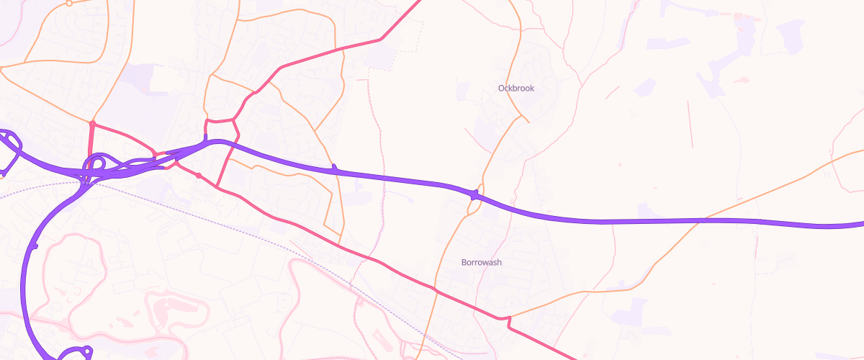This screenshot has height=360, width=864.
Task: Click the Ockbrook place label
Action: pyautogui.click(x=516, y=88)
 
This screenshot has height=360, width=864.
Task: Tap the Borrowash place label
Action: pyautogui.click(x=482, y=262)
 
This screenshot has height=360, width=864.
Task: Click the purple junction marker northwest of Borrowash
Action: pyautogui.click(x=474, y=194)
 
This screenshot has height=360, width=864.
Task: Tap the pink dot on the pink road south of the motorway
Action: pyautogui.click(x=199, y=176)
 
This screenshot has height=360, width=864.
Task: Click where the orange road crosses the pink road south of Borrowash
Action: pyautogui.click(x=434, y=289)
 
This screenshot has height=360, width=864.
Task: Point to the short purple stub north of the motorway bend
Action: pyautogui.click(x=206, y=138)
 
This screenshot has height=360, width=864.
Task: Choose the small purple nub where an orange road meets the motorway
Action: pyautogui.click(x=334, y=168)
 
